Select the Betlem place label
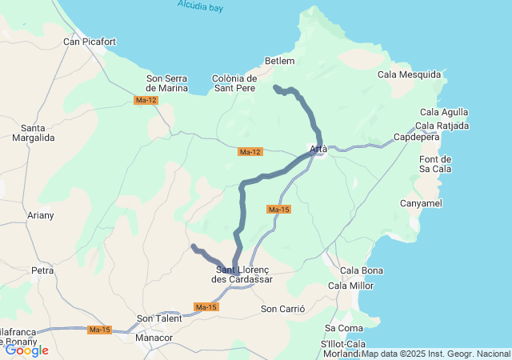click(x=280, y=61)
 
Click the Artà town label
click(x=318, y=149)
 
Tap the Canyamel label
click(x=421, y=204)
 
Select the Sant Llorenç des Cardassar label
click(x=242, y=274)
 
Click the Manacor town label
click(x=154, y=338)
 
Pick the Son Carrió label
click(x=283, y=309)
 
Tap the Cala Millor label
click(x=350, y=286)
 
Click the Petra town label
click(x=42, y=271)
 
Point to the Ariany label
click(x=41, y=215)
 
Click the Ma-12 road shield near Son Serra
click(x=146, y=100)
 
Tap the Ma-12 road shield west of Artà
click(x=250, y=152)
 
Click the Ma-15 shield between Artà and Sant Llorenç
click(x=278, y=210)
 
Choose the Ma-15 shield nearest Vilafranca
click(x=100, y=330)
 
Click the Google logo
click(x=26, y=350)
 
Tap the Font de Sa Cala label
click(x=436, y=164)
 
